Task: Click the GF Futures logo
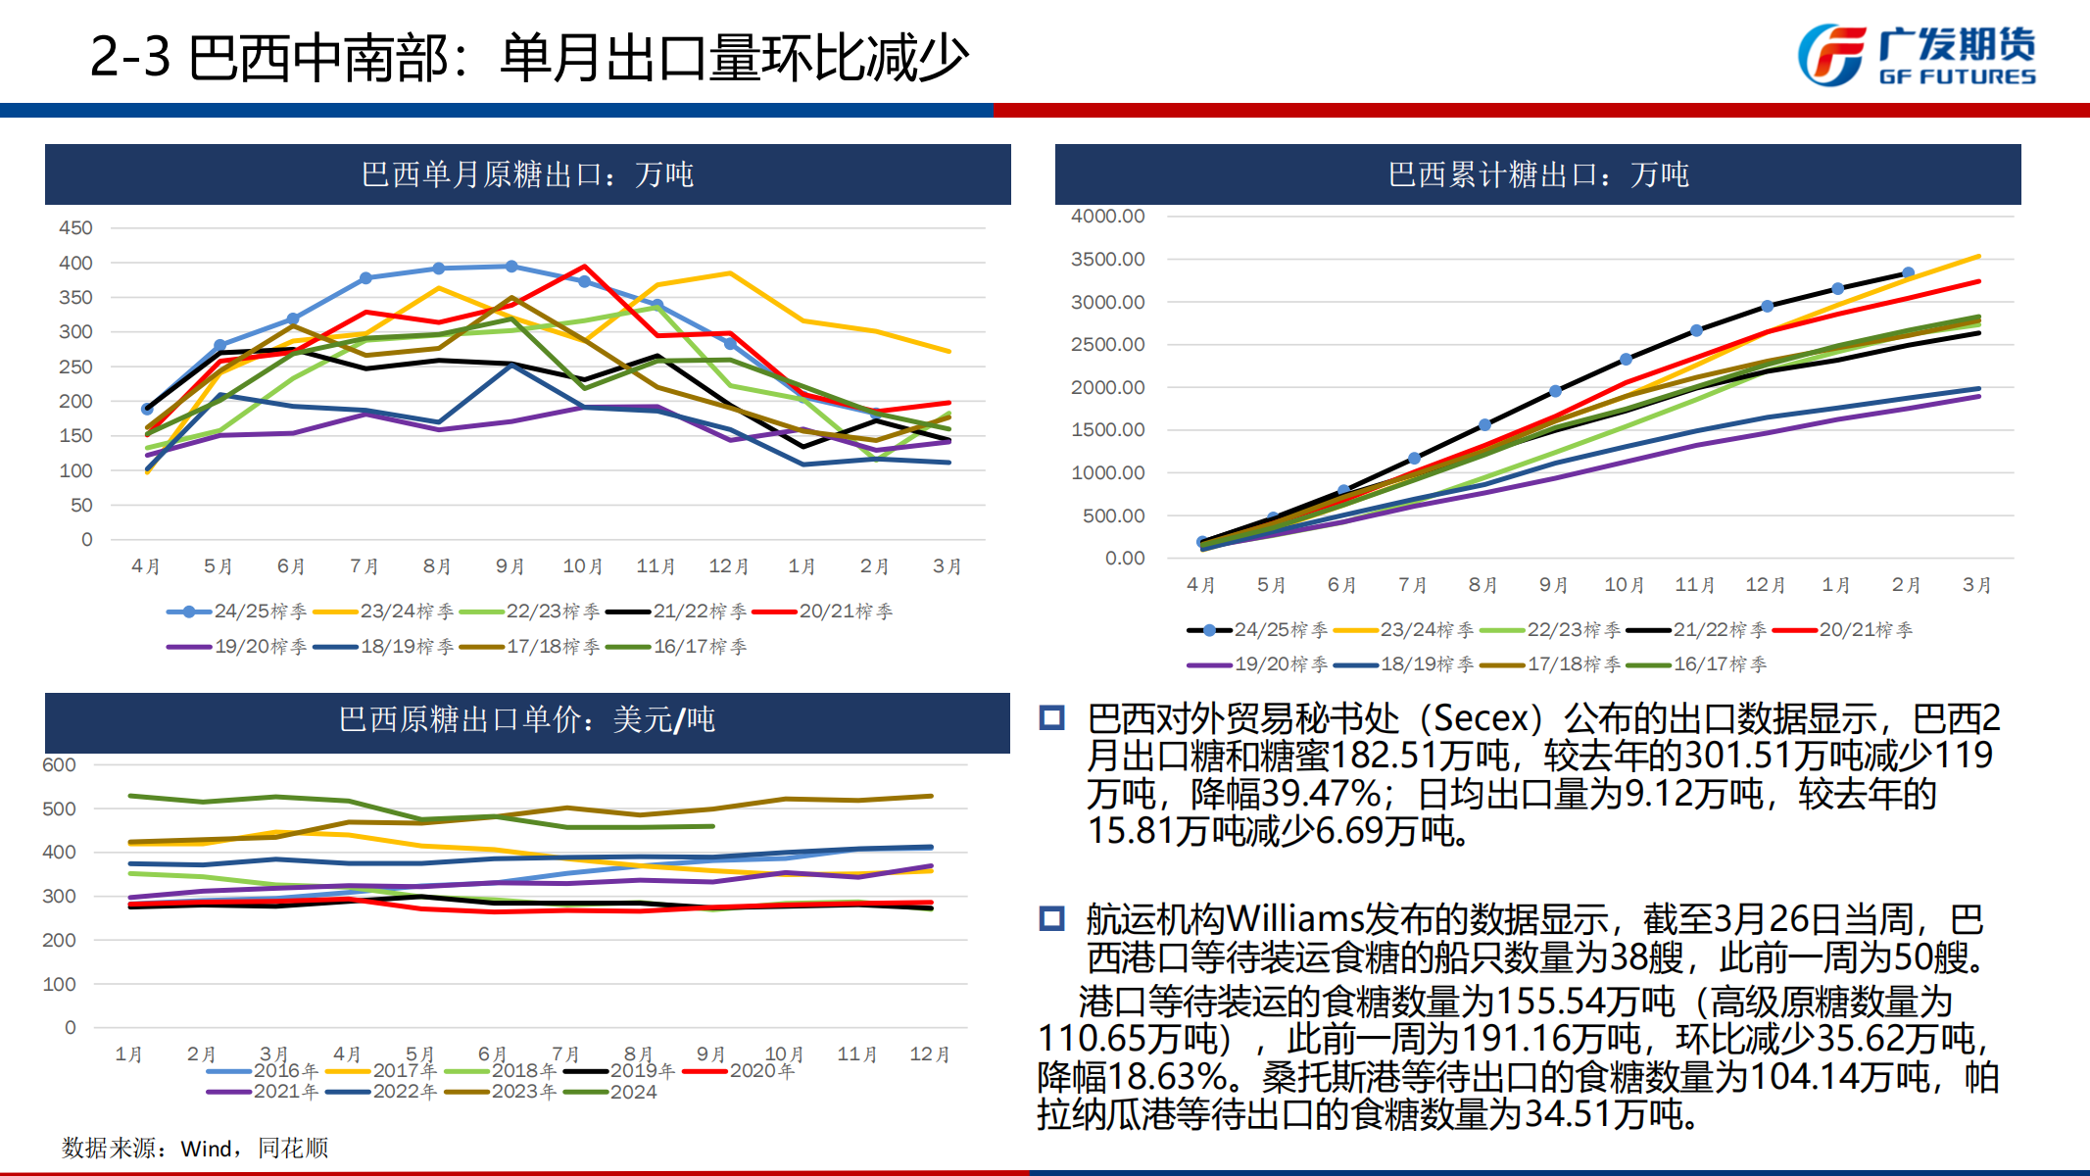1916,55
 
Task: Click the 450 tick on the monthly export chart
75,227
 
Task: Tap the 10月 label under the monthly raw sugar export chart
582,566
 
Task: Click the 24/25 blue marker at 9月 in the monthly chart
511,267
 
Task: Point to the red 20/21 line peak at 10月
584,266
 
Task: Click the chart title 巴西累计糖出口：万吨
1537,175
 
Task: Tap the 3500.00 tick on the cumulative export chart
1107,259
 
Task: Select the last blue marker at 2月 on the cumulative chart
1908,273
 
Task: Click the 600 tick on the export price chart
59,764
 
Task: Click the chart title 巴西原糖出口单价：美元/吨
527,720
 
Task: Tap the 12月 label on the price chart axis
929,1054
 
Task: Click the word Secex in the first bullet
1481,719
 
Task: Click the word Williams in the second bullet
1293,919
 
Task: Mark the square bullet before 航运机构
1052,919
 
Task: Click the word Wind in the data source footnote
206,1149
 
